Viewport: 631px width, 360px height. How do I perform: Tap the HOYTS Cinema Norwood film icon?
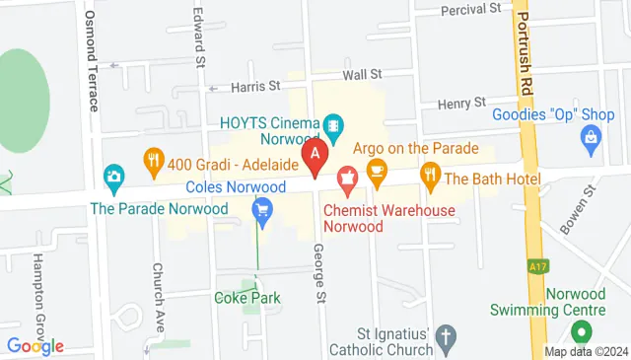335,124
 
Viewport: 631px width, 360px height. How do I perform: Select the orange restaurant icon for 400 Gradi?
153,158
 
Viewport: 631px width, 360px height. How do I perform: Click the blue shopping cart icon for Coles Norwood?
262,208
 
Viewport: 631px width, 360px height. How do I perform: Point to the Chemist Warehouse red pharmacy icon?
346,180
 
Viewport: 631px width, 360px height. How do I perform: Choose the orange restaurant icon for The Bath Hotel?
430,178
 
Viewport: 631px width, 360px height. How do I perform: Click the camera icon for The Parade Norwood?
114,178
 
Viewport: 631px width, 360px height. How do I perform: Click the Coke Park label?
247,298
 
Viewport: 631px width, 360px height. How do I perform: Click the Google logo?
35,346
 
